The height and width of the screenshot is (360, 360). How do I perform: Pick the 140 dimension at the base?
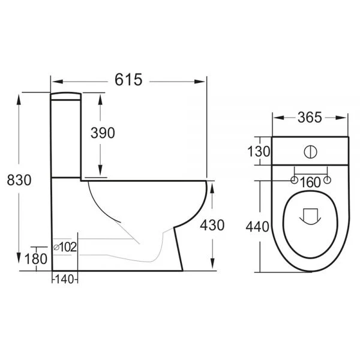tap(65, 279)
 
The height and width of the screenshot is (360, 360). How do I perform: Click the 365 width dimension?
tap(310, 117)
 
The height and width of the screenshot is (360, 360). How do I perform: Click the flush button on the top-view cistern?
tap(311, 151)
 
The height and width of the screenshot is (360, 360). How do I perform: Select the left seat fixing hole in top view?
tap(294, 179)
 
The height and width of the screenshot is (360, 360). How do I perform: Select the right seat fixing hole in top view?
tap(328, 179)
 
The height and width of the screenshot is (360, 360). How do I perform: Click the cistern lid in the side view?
tap(65, 95)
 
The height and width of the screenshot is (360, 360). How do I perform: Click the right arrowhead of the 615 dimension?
tap(203, 79)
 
